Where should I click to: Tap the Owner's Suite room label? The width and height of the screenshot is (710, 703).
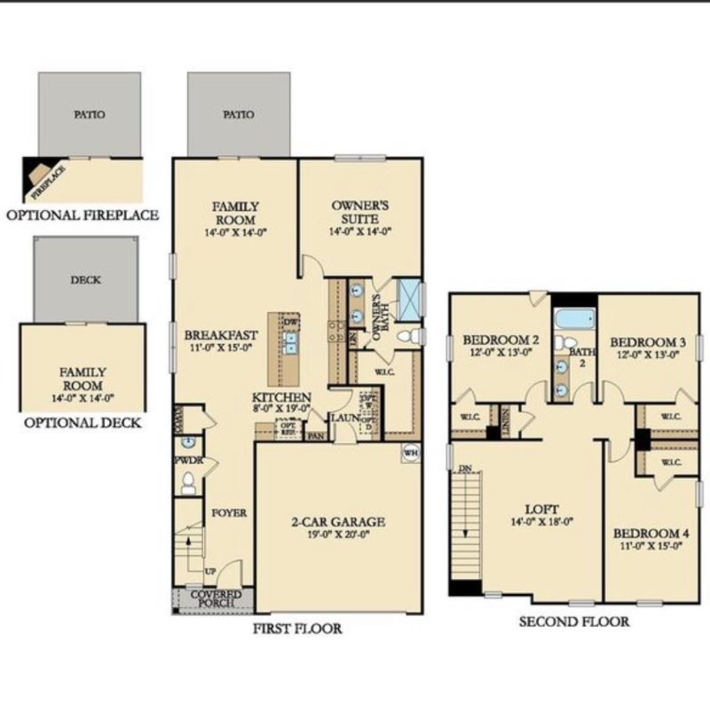click(359, 212)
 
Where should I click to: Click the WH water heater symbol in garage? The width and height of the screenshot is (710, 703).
click(410, 451)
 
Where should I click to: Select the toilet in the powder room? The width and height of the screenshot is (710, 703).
click(187, 482)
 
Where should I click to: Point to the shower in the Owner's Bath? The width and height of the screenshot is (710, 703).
click(409, 299)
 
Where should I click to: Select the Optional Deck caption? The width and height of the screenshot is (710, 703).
click(82, 423)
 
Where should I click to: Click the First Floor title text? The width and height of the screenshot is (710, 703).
click(296, 629)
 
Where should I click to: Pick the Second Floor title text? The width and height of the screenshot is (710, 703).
click(574, 621)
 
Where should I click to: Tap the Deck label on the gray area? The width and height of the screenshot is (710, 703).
click(86, 280)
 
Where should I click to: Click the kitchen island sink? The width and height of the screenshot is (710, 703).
click(290, 343)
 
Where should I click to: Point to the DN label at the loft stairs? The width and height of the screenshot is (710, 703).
click(464, 468)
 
